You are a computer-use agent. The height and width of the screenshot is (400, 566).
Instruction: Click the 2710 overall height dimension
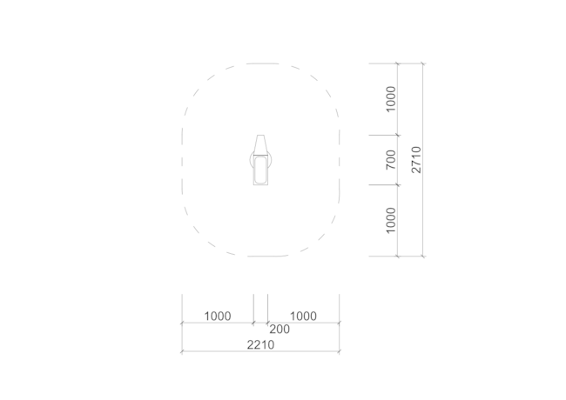[416, 160]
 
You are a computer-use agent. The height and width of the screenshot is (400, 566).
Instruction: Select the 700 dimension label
[391, 160]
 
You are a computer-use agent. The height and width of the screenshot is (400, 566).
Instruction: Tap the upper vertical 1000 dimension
[391, 99]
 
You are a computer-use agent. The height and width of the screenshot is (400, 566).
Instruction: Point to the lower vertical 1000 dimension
[391, 221]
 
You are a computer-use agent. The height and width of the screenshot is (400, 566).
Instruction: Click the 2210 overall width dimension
[260, 345]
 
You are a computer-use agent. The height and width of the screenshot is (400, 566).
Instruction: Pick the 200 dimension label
[280, 329]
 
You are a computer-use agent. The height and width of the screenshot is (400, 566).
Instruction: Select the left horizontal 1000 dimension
[218, 316]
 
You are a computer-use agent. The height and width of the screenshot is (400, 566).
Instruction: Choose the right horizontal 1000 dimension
[304, 316]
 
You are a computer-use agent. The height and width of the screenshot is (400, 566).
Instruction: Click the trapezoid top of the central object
[260, 145]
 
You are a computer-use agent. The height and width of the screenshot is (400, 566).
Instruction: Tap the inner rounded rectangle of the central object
[260, 170]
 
